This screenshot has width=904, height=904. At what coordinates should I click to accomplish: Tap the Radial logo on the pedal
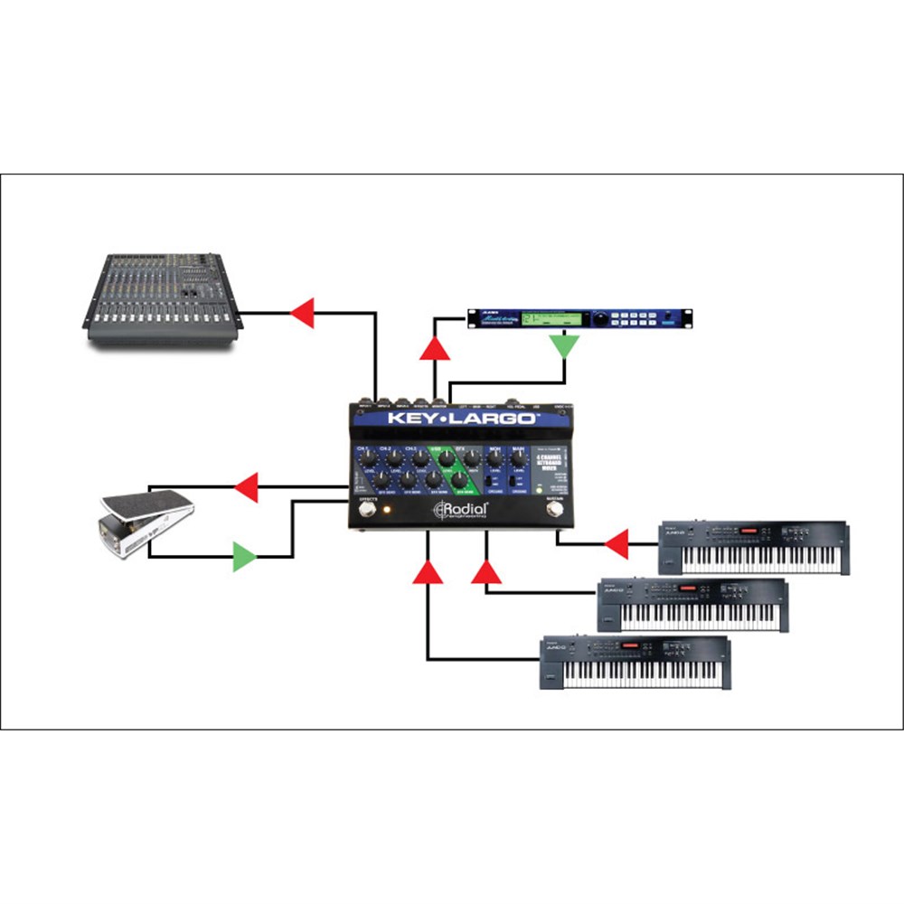pos(462,511)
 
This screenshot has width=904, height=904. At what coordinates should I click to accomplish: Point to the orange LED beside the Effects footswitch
pos(386,511)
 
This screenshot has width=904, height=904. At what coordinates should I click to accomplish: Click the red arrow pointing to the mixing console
pos(301,314)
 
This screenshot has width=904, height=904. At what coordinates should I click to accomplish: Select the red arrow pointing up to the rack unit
pos(436,347)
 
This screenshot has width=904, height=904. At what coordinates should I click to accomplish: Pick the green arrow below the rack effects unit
pos(565,344)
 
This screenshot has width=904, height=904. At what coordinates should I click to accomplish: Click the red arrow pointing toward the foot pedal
pos(245,489)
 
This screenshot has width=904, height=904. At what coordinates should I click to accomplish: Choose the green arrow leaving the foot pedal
pos(245,556)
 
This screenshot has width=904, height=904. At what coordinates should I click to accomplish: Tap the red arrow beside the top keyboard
pos(617,544)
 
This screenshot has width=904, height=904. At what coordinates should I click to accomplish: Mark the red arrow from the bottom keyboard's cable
pos(428,570)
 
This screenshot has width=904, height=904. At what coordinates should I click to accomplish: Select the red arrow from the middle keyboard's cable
pos(487,571)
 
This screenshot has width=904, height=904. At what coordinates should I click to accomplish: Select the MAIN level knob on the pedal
pos(516,459)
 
